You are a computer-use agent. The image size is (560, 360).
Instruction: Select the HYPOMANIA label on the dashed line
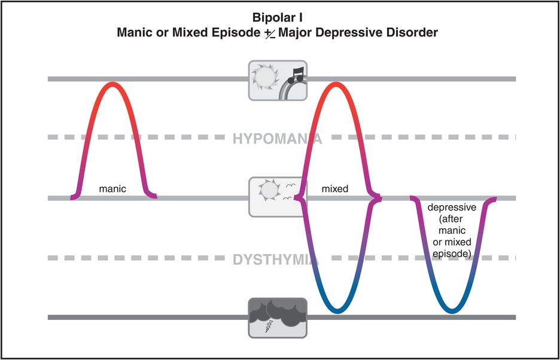pyautogui.click(x=278, y=139)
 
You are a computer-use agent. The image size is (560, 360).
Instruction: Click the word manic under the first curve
pyautogui.click(x=113, y=189)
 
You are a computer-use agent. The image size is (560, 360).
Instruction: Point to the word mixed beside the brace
pyautogui.click(x=335, y=189)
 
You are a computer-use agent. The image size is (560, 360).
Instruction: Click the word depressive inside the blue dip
pyautogui.click(x=452, y=208)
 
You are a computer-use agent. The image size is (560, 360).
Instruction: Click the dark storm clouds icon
pyautogui.click(x=278, y=313)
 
